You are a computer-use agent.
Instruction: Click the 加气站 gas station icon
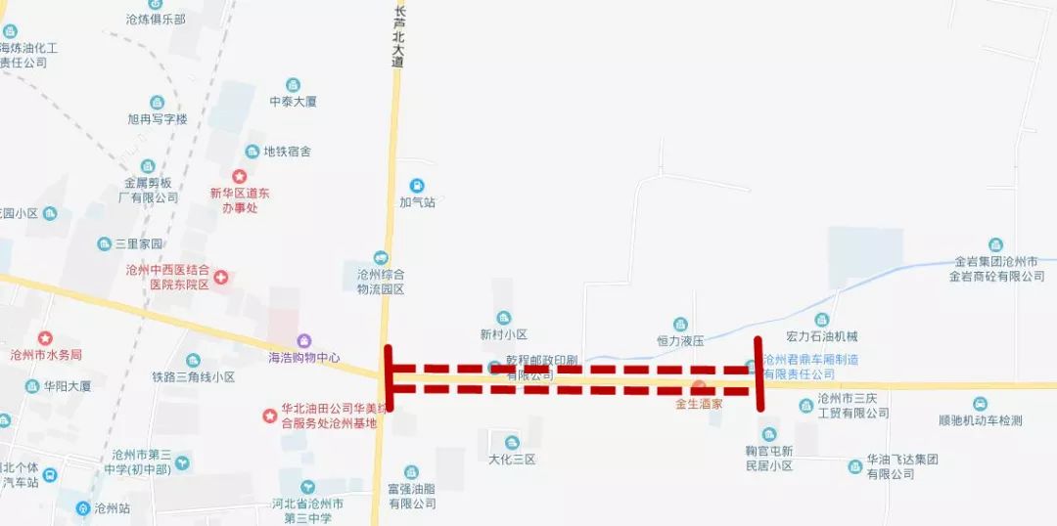(417, 186)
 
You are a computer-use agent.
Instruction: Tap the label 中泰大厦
(293, 102)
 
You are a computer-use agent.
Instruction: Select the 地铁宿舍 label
(287, 152)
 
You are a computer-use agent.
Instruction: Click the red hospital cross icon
(221, 278)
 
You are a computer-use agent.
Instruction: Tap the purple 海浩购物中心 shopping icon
(305, 340)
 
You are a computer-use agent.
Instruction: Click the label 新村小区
(504, 334)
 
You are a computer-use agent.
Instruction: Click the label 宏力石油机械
(821, 336)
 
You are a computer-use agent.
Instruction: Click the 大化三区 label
(512, 460)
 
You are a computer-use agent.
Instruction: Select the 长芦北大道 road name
(398, 37)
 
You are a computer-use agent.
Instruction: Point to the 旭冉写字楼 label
(157, 119)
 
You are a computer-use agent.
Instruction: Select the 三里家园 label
(138, 244)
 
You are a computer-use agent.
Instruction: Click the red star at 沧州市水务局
(45, 338)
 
